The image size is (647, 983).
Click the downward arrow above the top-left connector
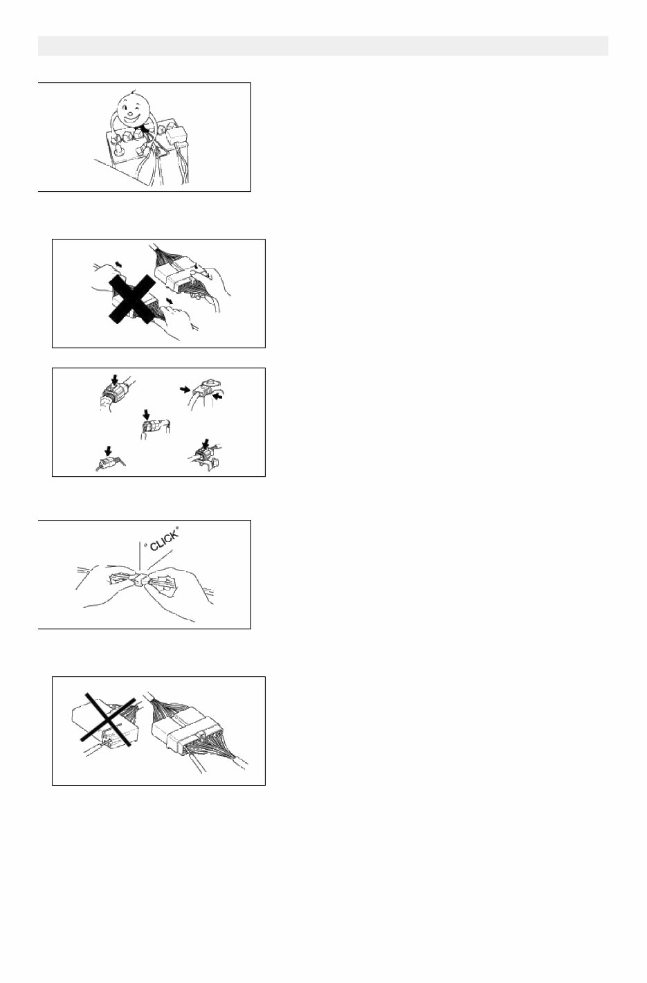(114, 382)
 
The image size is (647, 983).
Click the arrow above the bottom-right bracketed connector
(205, 442)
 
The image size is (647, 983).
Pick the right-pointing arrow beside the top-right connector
(185, 389)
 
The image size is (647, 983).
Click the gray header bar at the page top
(323, 46)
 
